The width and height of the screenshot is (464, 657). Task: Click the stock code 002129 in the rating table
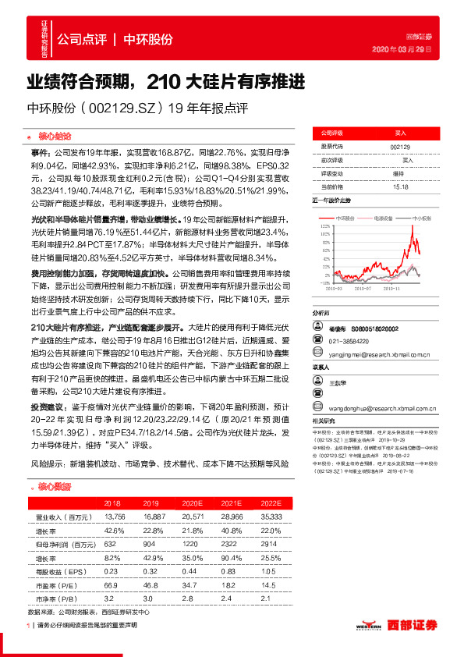[398, 146]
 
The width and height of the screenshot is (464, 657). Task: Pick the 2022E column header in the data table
[270, 503]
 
